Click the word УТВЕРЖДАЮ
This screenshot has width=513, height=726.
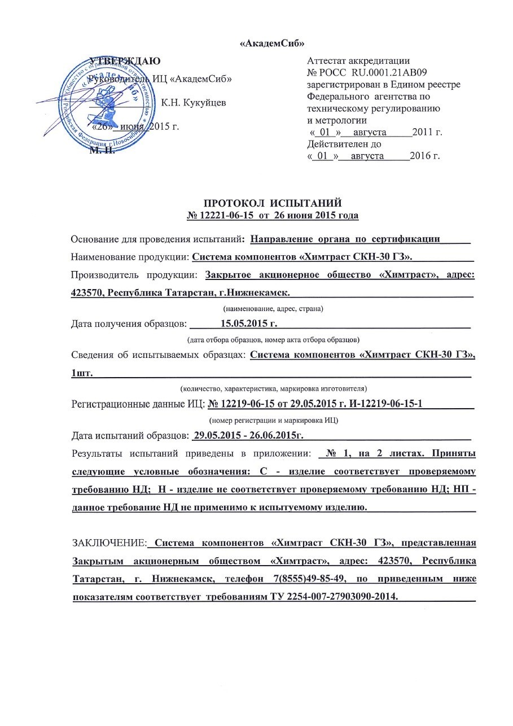[x=126, y=61]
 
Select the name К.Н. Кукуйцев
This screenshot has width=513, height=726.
[x=194, y=103]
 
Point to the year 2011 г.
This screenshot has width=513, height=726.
[x=427, y=133]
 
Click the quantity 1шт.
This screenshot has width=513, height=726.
[x=82, y=373]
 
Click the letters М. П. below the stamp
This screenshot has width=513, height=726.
[x=102, y=150]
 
